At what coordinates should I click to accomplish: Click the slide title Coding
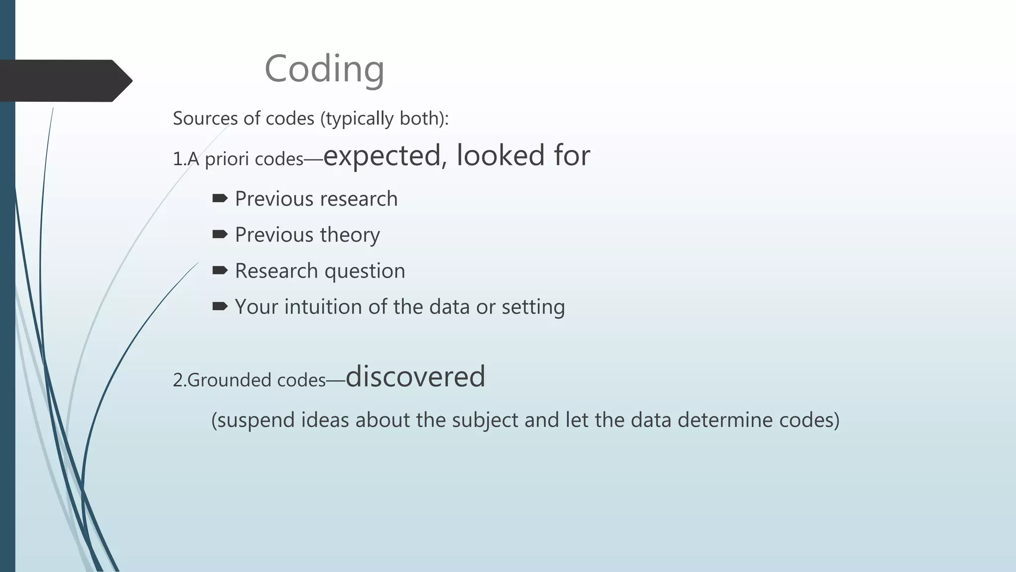coord(324,69)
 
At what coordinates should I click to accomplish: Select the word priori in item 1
coord(228,159)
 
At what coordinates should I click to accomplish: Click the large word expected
coord(381,155)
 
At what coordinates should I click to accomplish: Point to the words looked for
coord(523,155)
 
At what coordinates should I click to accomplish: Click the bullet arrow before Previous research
coord(220,199)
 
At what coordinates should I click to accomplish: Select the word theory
coord(349,235)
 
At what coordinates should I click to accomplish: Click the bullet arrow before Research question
coord(220,271)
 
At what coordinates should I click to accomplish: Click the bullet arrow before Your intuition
coord(220,306)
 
